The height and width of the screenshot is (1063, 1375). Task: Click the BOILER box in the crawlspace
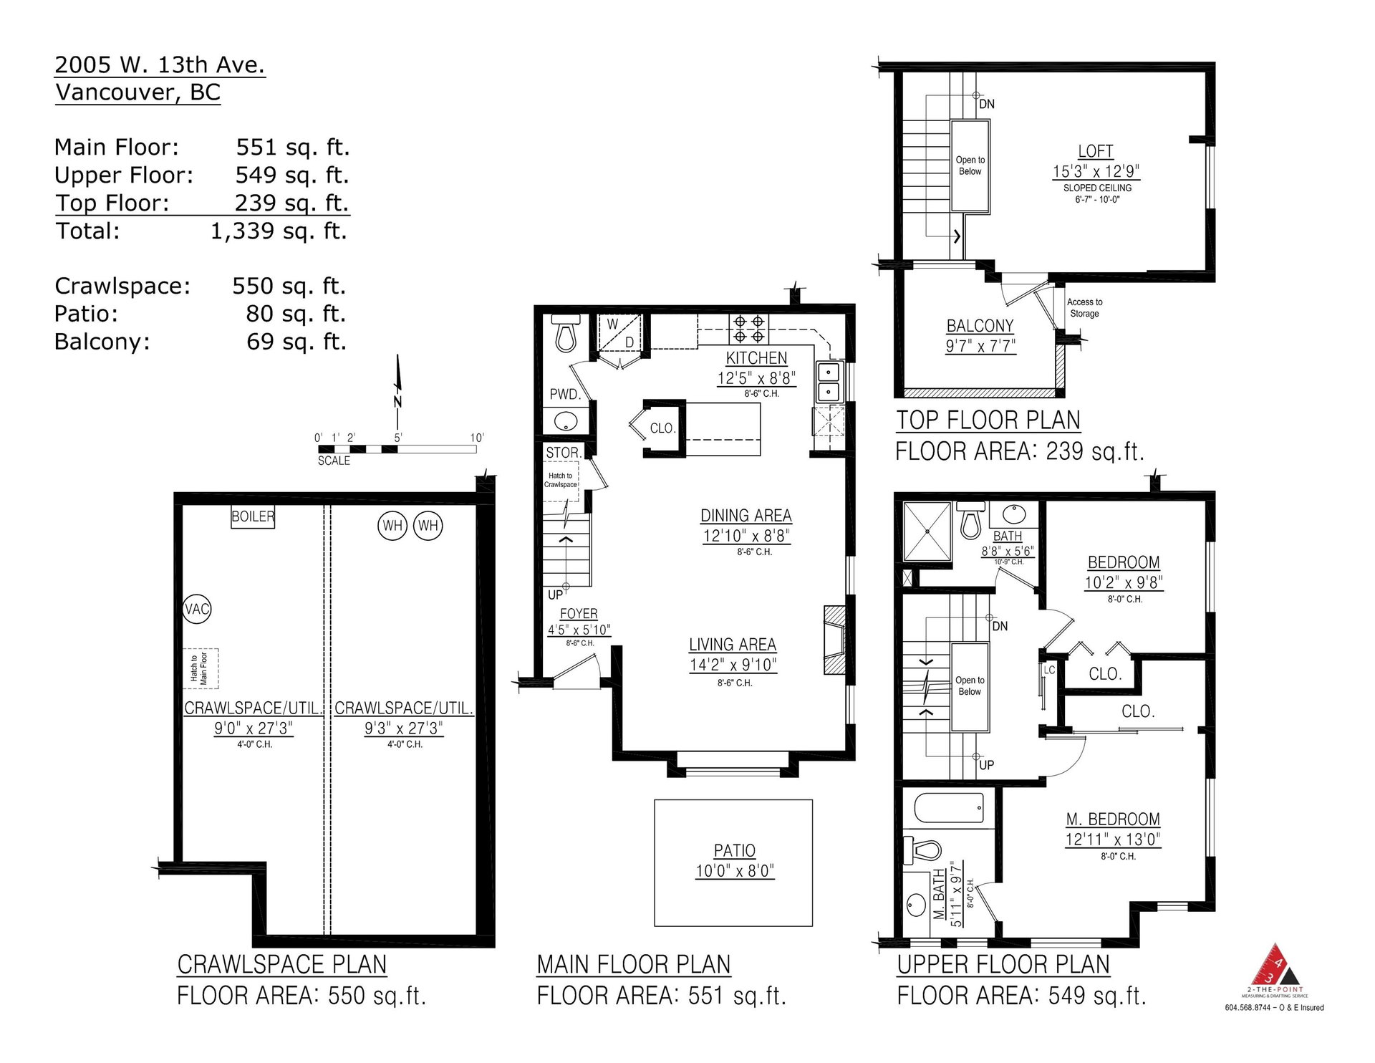pos(253,517)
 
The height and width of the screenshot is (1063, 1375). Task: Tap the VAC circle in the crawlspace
pos(197,609)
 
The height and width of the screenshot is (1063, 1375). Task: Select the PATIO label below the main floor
pos(735,850)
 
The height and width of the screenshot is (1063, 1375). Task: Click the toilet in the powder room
pos(566,334)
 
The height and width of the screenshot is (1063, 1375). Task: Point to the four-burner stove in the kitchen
pos(748,328)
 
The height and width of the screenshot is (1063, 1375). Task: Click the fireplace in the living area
pos(834,640)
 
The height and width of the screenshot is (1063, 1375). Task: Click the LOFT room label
pos(1096,151)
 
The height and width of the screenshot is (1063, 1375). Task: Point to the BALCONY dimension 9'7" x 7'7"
pos(980,346)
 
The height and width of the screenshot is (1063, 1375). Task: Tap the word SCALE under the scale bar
pos(334,461)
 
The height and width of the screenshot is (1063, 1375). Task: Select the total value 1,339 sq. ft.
pos(279,231)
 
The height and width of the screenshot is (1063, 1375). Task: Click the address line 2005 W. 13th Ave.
pos(160,65)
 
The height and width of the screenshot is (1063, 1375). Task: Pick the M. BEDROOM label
pos(1112,819)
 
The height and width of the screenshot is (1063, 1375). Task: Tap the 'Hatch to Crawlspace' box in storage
pos(561,481)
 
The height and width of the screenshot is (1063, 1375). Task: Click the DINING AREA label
pos(746,515)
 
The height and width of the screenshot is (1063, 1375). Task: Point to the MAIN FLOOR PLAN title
pos(634,965)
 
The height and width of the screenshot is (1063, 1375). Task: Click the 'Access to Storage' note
pos(1084,308)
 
